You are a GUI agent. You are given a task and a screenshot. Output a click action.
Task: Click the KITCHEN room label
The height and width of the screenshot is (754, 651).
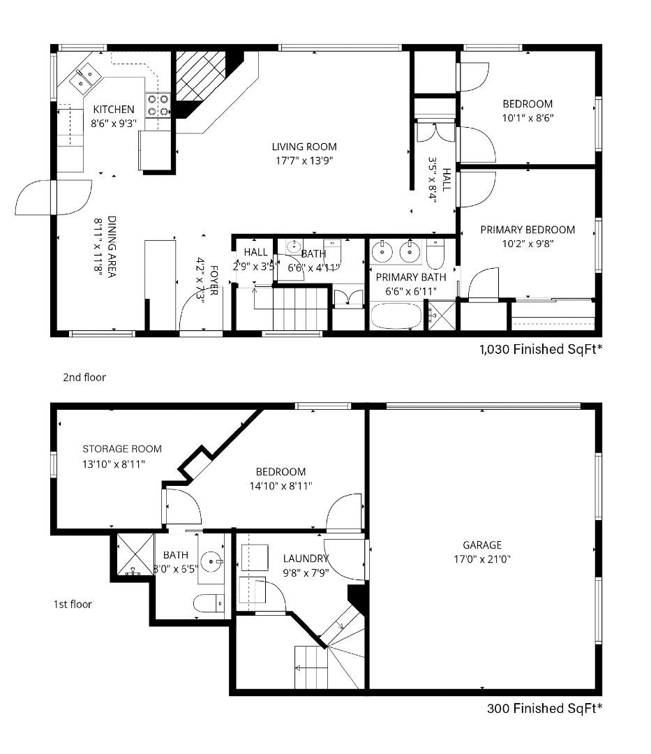(x=114, y=110)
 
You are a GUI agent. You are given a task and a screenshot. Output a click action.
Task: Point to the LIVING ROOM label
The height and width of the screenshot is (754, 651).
(x=304, y=147)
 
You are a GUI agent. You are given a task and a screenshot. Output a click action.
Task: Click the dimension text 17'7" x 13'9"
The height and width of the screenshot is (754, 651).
(x=304, y=160)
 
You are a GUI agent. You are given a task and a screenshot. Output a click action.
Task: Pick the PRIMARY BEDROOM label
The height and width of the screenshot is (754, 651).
(x=527, y=230)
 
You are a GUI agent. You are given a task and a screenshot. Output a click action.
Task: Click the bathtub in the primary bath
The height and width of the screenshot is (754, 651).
(x=395, y=318)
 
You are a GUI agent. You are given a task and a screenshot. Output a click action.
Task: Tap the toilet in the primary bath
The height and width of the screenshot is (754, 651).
(x=435, y=255)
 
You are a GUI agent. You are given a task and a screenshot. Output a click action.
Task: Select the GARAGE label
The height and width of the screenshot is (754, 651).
(x=481, y=545)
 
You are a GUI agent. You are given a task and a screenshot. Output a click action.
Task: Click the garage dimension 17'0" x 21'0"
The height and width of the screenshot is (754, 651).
(x=481, y=559)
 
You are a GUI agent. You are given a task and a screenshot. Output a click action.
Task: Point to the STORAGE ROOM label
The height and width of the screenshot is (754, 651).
(x=122, y=449)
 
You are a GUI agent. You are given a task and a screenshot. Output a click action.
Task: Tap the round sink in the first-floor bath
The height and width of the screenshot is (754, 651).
(x=211, y=560)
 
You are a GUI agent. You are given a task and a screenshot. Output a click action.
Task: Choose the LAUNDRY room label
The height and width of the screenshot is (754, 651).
(x=306, y=559)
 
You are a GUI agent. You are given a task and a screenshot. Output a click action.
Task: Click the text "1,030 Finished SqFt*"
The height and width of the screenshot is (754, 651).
(x=541, y=349)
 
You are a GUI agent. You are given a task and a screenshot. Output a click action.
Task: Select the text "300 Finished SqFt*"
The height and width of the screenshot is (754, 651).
(x=544, y=709)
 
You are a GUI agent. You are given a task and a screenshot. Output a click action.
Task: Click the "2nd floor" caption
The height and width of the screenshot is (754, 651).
(x=84, y=377)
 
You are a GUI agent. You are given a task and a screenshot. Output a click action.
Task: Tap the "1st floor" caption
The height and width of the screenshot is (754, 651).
(x=73, y=604)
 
